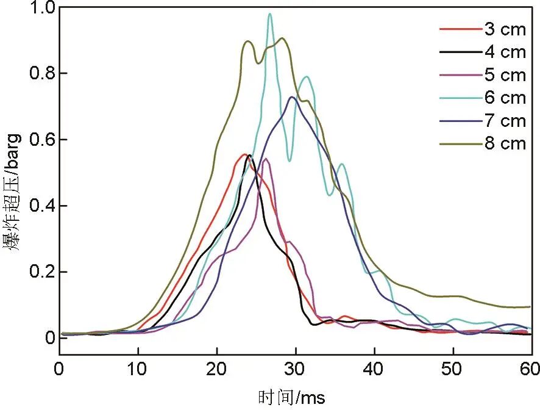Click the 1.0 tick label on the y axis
click(41, 8)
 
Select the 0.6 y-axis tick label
click(41, 140)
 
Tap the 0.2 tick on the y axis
click(41, 272)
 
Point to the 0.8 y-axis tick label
click(41, 74)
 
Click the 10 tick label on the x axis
click(138, 370)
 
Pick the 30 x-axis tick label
click(296, 370)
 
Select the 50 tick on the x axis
click(453, 370)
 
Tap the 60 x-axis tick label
click(531, 370)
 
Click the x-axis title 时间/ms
click(295, 398)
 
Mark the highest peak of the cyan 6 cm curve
click(269, 14)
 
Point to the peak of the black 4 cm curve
click(249, 156)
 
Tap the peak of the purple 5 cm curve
click(266, 159)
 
